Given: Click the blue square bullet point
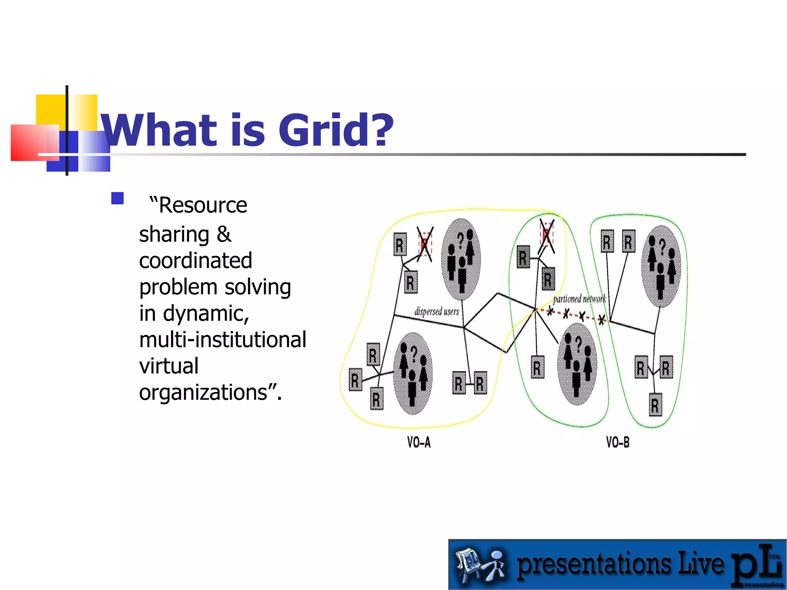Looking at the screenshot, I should [117, 198].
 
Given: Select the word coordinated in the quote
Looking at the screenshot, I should [195, 261].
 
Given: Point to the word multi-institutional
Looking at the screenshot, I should [222, 340].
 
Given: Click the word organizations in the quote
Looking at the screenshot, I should [203, 393].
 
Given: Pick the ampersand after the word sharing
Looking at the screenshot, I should [224, 234].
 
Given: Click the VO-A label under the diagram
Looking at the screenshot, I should [419, 442].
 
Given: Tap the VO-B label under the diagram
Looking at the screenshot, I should [618, 442].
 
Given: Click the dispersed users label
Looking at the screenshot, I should [437, 311].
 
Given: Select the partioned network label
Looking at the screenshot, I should [579, 299].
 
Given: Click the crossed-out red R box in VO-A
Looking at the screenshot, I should [425, 244].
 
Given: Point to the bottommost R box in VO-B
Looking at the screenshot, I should [655, 405].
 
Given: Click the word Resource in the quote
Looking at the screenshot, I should [203, 205].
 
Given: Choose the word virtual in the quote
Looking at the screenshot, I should [169, 366].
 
